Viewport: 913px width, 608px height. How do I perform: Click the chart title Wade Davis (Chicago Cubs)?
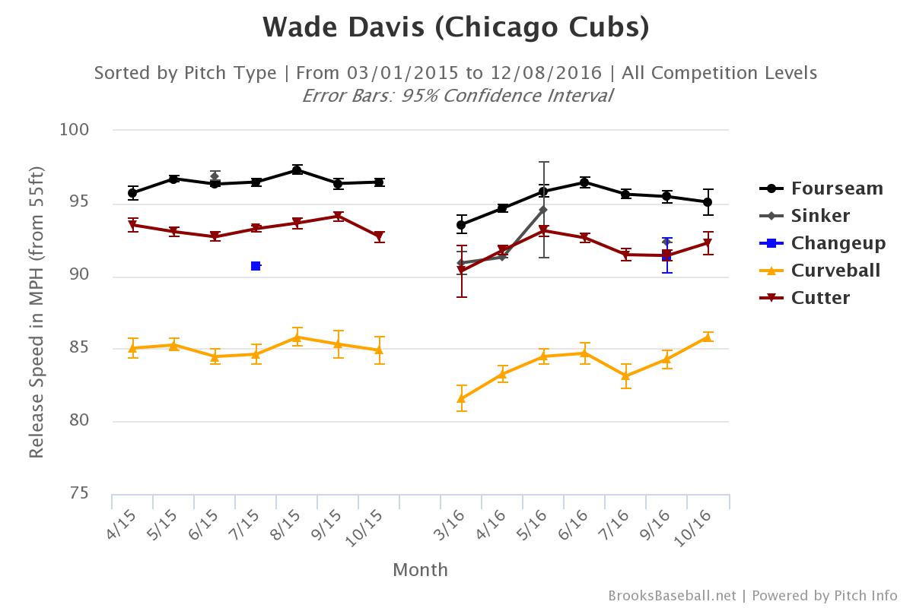(456, 27)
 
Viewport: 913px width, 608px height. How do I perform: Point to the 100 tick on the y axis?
(75, 130)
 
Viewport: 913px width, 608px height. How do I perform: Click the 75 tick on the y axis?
(79, 494)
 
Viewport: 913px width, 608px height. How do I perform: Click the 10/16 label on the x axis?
(697, 524)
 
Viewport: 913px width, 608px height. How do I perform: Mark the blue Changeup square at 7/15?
(256, 266)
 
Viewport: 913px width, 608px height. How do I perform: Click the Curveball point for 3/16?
(462, 398)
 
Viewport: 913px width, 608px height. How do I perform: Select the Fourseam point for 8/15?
(297, 170)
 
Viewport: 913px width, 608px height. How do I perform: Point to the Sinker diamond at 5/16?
(543, 209)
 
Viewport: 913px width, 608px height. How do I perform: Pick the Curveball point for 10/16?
(708, 337)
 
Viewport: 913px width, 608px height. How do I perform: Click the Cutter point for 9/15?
(338, 217)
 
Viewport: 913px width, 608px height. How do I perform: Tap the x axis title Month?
(420, 569)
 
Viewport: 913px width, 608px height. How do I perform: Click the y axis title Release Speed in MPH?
(36, 312)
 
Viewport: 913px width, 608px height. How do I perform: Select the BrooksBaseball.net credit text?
(672, 596)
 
